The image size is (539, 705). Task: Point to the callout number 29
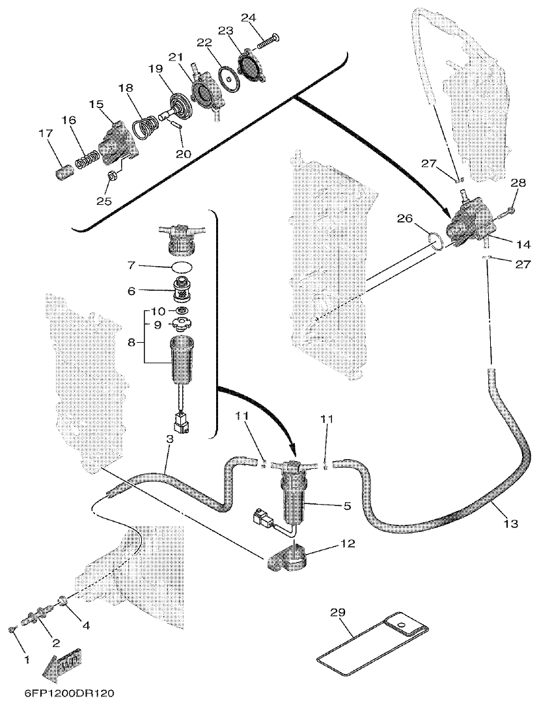(337, 612)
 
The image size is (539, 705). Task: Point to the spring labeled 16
(87, 157)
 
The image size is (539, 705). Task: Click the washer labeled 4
(63, 600)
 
